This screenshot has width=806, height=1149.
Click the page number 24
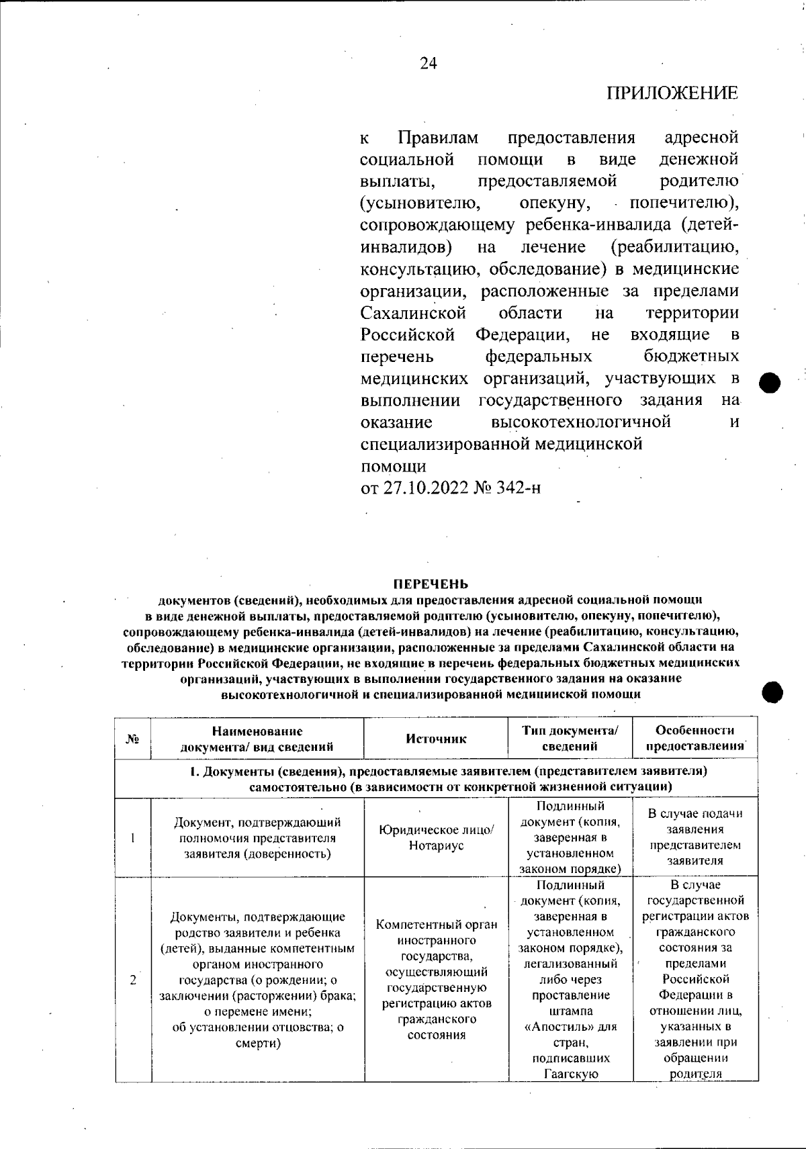(428, 63)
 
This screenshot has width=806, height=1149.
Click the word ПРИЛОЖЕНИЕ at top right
(672, 93)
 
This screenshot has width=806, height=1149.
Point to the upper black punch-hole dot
(772, 382)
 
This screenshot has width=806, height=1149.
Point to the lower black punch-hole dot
(773, 692)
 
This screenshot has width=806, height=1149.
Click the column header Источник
(436, 738)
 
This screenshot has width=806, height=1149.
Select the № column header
(132, 739)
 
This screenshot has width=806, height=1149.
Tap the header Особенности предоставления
(695, 738)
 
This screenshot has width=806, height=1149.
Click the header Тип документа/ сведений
(570, 738)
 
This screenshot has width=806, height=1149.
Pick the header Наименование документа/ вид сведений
(257, 738)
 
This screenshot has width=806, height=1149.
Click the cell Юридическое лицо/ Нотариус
(436, 837)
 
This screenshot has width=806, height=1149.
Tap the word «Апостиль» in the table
(570, 1027)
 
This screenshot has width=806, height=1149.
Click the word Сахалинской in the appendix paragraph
(413, 313)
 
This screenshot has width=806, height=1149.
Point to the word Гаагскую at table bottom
(570, 1074)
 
